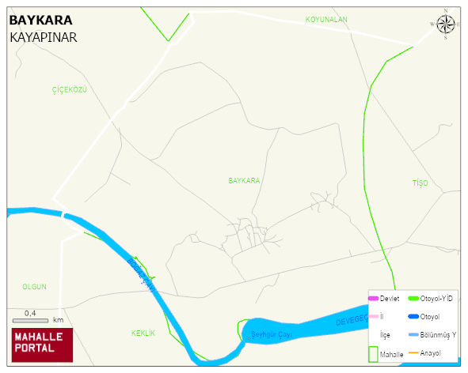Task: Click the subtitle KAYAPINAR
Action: pyautogui.click(x=44, y=37)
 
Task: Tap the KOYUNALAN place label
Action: pyautogui.click(x=326, y=19)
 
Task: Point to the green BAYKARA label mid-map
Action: pyautogui.click(x=244, y=181)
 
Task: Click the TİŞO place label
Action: pyautogui.click(x=420, y=183)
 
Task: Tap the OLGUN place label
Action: pyautogui.click(x=35, y=286)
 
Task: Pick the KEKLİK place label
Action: pyautogui.click(x=143, y=333)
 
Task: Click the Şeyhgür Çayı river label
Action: pyautogui.click(x=272, y=334)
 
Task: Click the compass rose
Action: pyautogui.click(x=446, y=24)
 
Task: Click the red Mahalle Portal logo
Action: pyautogui.click(x=42, y=345)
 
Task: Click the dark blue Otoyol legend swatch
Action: pyautogui.click(x=413, y=317)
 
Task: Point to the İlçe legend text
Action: pyautogui.click(x=385, y=334)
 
